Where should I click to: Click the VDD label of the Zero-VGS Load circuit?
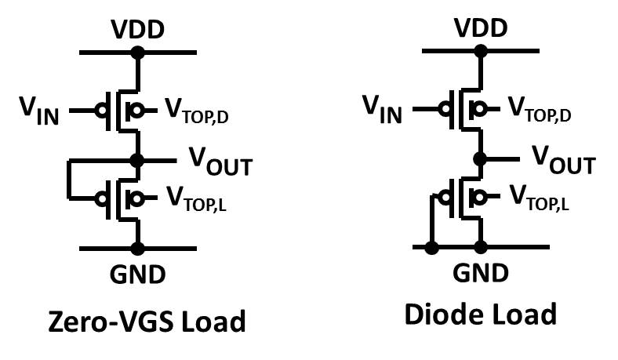coord(138,31)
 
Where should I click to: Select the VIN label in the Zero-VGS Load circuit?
coord(37,111)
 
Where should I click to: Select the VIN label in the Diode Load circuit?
coord(380,108)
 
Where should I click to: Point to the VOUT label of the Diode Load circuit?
coord(563,160)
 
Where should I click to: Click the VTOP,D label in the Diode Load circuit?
coord(540,110)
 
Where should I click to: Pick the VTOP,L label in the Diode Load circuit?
coord(540,195)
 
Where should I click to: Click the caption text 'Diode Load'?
coord(480,315)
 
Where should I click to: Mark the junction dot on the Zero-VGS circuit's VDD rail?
coord(138,53)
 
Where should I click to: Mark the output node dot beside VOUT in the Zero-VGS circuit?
coord(138,160)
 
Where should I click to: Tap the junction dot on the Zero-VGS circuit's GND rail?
coord(138,248)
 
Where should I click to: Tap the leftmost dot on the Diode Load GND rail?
coord(431,248)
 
